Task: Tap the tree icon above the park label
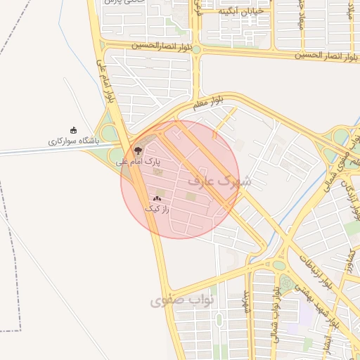(x=137, y=150)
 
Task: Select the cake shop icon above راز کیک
(x=156, y=199)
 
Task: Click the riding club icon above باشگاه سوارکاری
(x=74, y=130)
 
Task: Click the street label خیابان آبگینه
(x=240, y=11)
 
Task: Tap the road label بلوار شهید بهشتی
(x=316, y=310)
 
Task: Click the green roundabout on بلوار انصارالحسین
(x=197, y=49)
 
